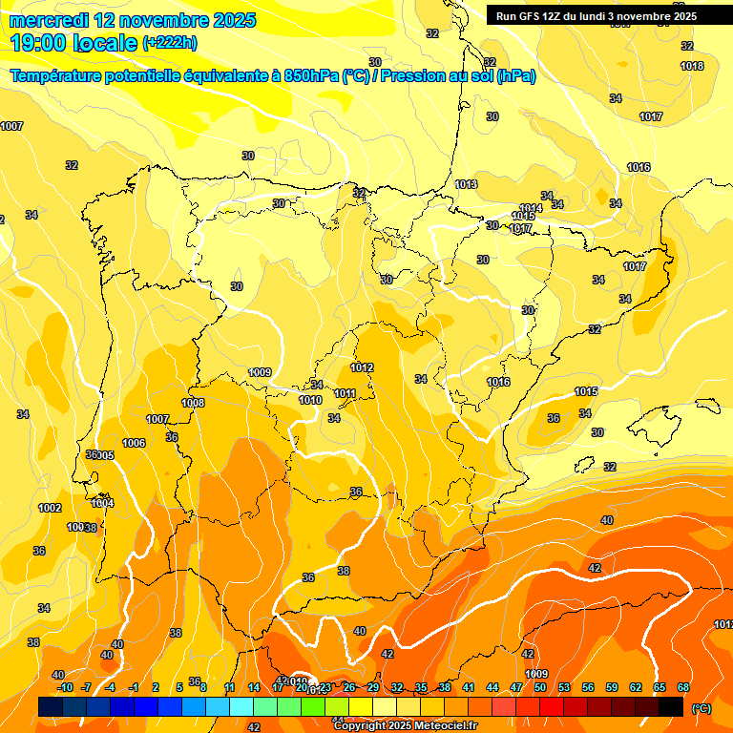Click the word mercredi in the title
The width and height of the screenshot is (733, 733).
51,20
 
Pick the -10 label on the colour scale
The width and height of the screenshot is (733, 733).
64,688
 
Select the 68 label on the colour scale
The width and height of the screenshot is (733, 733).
683,688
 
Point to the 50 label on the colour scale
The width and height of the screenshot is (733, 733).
540,688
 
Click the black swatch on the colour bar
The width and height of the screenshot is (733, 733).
671,706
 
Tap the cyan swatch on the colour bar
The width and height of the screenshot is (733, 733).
241,706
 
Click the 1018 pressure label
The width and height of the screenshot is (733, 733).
692,66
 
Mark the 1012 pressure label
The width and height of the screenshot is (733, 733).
362,367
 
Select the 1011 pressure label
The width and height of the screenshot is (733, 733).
346,393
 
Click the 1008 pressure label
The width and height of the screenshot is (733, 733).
193,403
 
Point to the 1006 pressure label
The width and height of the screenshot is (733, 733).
134,443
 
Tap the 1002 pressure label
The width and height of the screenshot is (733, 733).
50,508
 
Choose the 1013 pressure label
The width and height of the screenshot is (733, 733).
466,184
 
